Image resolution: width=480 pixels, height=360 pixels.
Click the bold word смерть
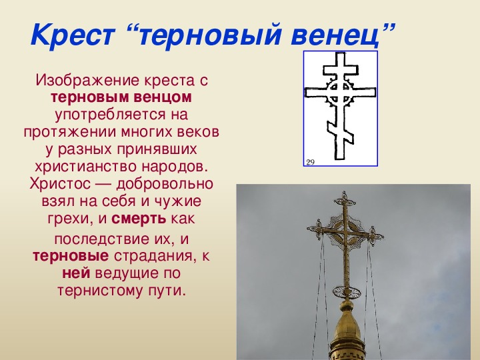[x=139, y=219]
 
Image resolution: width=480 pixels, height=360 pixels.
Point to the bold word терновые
[x=71, y=256]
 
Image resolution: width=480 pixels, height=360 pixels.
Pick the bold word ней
[x=76, y=273]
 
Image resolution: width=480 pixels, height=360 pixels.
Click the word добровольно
[x=165, y=184]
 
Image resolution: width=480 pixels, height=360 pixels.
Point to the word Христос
[x=60, y=184]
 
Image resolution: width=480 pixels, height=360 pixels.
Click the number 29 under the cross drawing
[x=311, y=162]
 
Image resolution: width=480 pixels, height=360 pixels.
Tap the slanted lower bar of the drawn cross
[x=341, y=131]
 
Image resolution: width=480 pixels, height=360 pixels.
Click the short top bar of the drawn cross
[x=341, y=70]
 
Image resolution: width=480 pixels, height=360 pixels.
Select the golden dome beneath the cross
[x=347, y=331]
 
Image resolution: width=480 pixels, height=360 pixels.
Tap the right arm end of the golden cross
[x=375, y=236]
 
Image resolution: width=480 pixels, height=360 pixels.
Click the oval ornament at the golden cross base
[x=347, y=292]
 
